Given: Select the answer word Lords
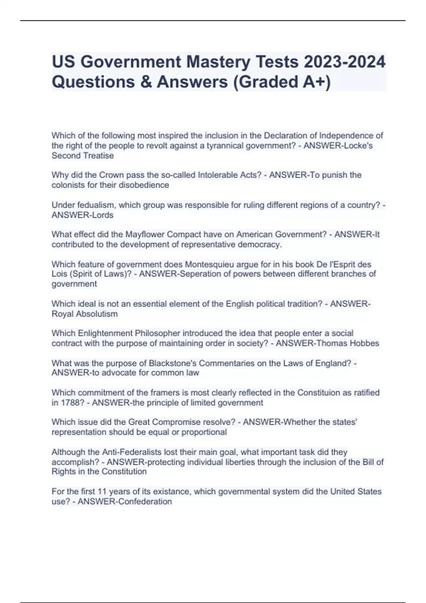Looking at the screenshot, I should [103, 215].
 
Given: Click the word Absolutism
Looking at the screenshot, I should [96, 314].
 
